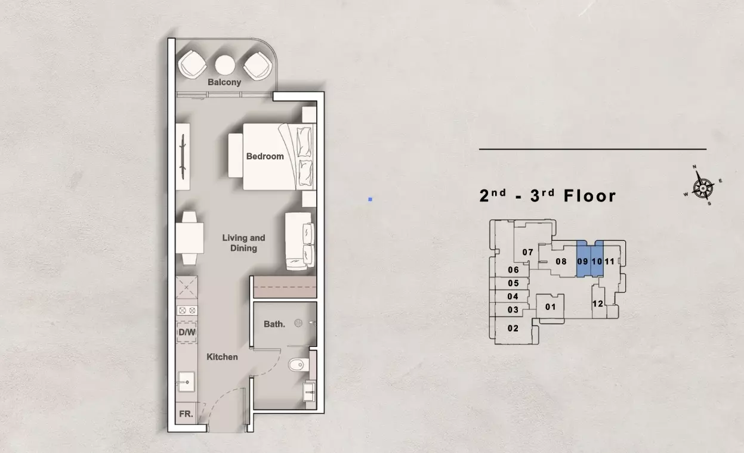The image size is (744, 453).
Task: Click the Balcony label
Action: point(224,82)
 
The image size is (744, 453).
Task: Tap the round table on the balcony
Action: point(225,65)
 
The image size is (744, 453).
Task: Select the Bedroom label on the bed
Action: point(265,156)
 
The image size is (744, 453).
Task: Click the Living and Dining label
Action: point(243,243)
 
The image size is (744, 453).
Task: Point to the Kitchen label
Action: point(222,357)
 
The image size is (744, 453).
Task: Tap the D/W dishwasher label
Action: point(187,332)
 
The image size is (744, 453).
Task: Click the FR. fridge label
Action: point(186,414)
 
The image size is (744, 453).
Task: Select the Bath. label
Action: point(274,324)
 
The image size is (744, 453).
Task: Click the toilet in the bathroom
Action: point(298,365)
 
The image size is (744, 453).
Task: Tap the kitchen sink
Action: point(186,381)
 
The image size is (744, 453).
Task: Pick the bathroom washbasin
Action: point(309,392)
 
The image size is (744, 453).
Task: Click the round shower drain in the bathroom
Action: point(298,323)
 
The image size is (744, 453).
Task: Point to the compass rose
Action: point(703,188)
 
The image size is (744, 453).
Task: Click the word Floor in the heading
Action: point(590,196)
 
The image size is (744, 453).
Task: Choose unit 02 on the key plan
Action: point(513,328)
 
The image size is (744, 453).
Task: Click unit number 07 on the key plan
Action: point(528,253)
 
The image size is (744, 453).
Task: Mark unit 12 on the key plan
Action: point(597,303)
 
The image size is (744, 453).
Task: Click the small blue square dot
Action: point(371,200)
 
